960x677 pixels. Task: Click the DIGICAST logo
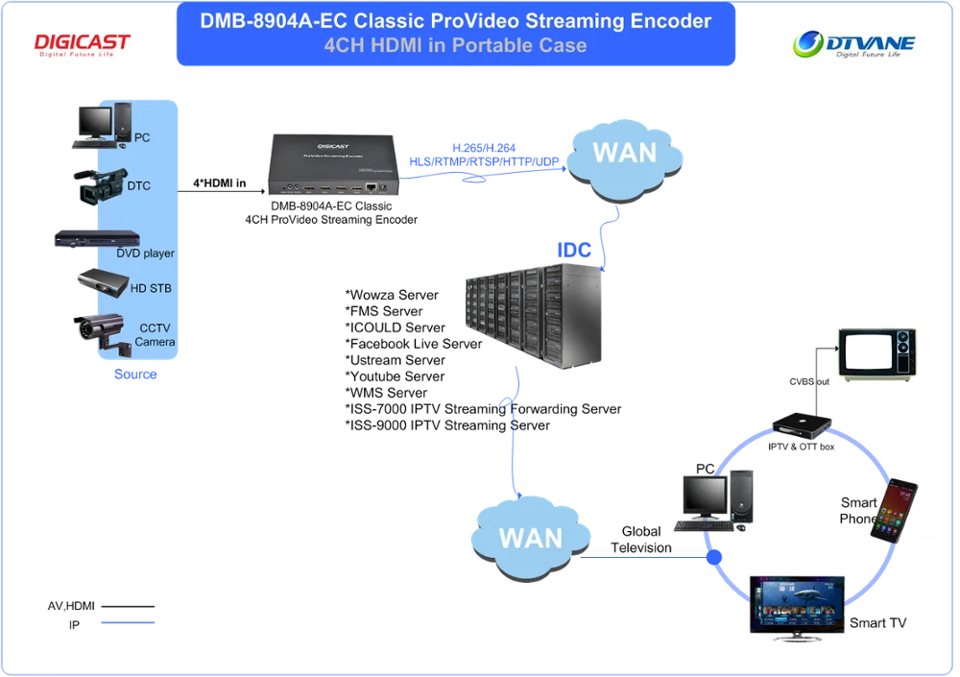[x=84, y=45]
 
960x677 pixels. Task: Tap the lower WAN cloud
[x=530, y=536]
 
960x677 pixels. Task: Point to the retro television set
[x=878, y=352]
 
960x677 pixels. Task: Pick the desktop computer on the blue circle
[x=714, y=499]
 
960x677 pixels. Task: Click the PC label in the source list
[x=142, y=138]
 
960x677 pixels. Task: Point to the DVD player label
[x=146, y=254]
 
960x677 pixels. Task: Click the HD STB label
[x=151, y=288]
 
